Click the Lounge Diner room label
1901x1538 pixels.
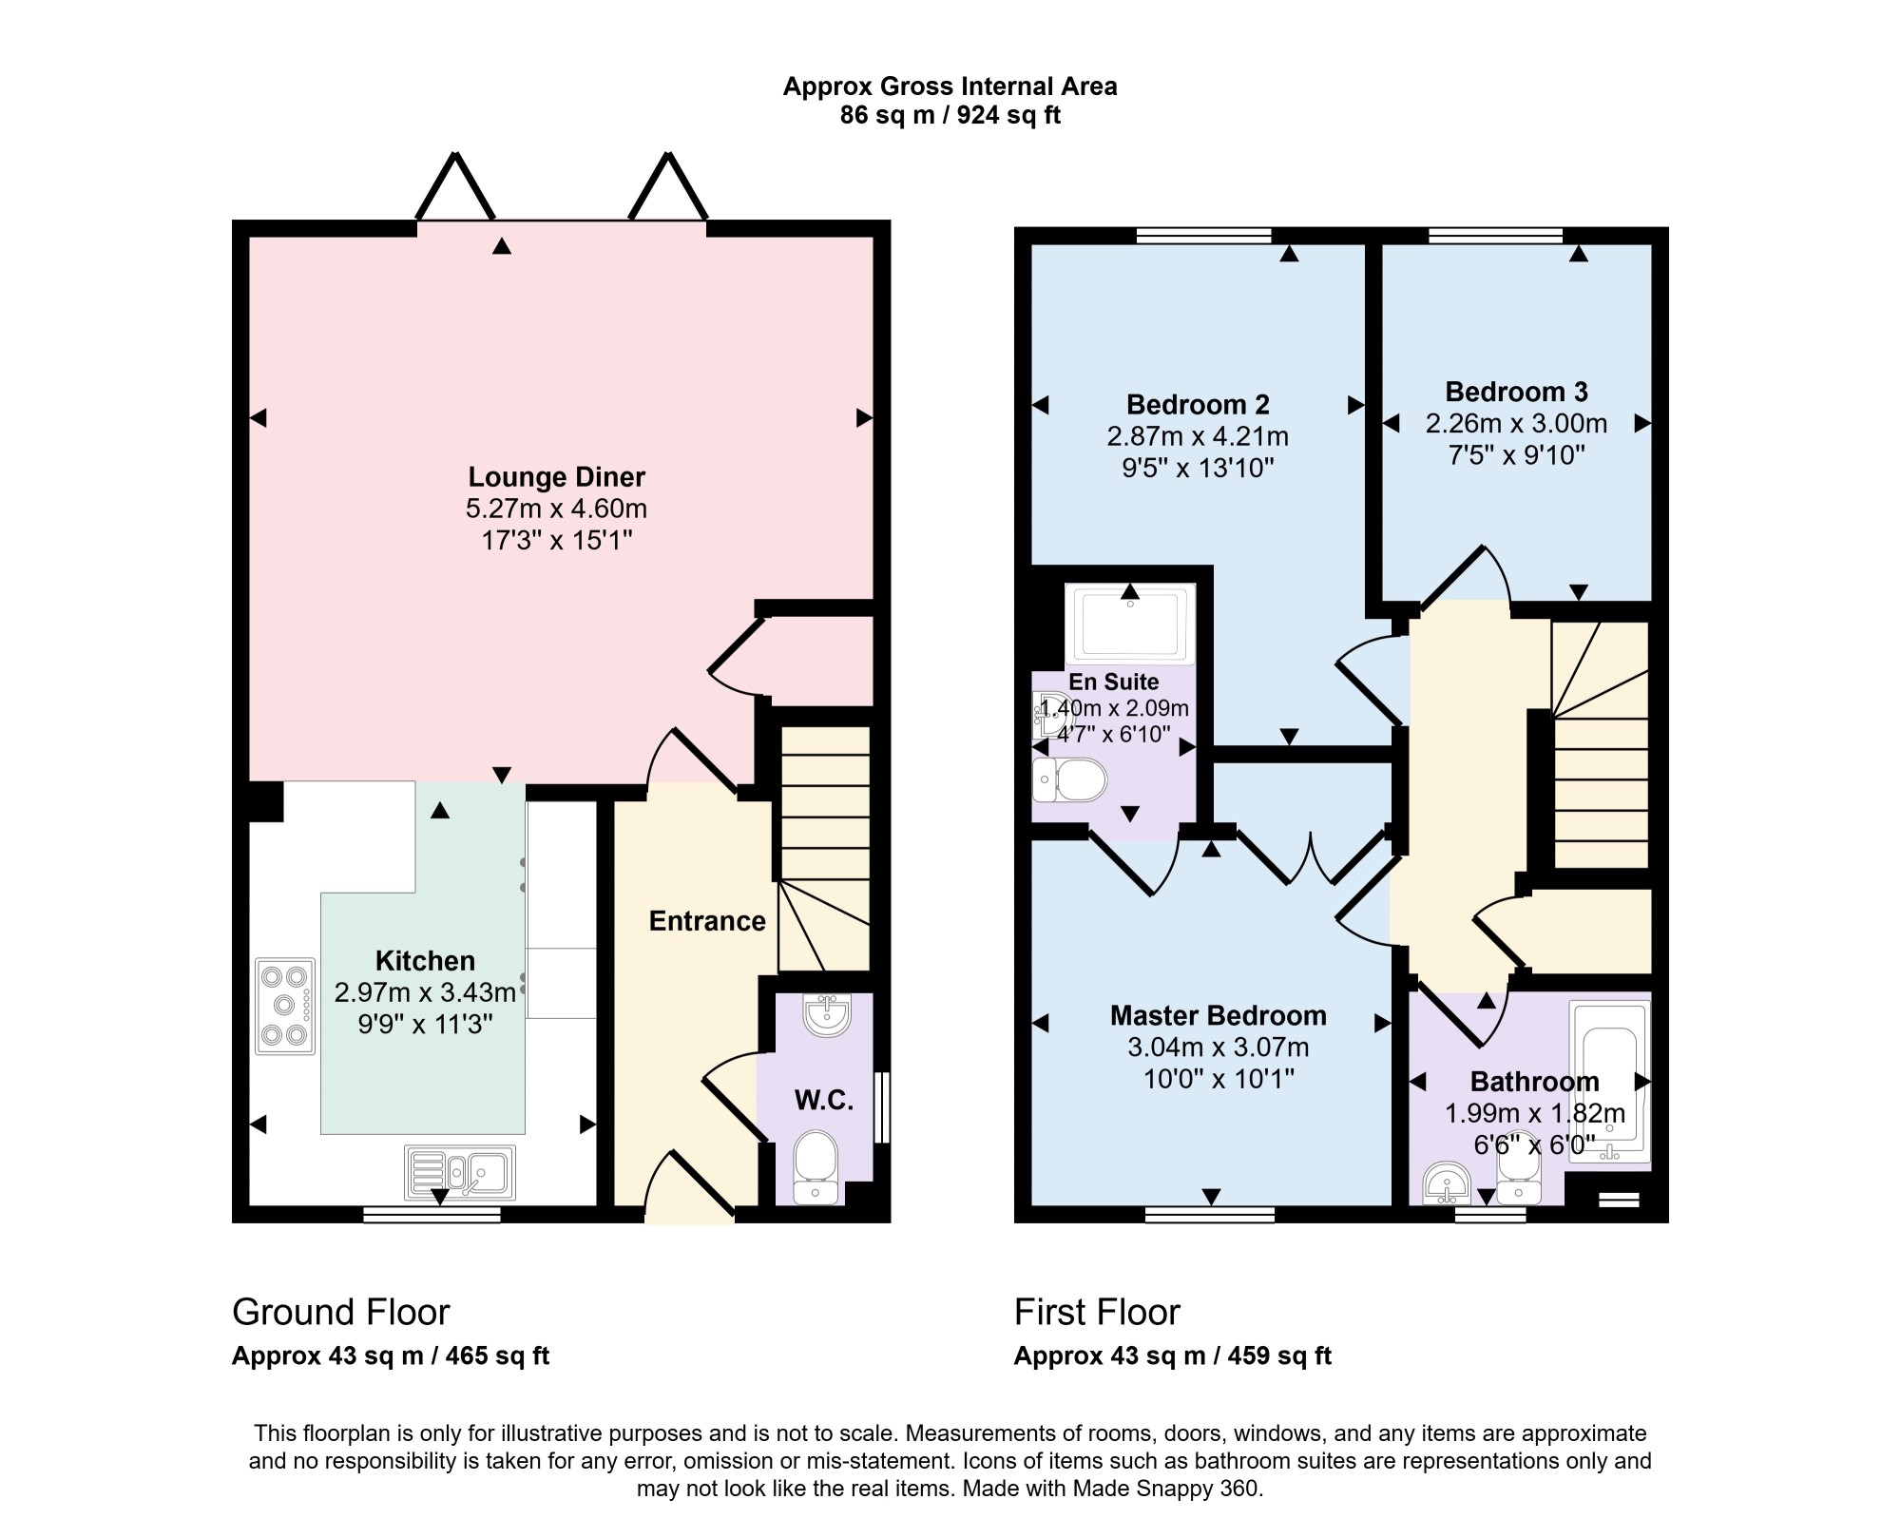(x=556, y=477)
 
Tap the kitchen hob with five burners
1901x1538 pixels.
(x=285, y=1006)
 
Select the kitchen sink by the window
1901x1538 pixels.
(x=460, y=1172)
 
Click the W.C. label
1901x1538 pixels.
(x=823, y=1100)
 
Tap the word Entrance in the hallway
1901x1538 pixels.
(x=707, y=920)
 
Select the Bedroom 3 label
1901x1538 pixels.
(x=1516, y=392)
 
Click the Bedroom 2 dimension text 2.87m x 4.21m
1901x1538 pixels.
(x=1198, y=436)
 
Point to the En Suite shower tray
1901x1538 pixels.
(x=1130, y=624)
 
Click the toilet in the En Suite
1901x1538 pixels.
(x=1070, y=780)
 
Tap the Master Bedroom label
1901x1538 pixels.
(x=1219, y=1015)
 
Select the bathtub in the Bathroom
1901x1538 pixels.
(x=1609, y=1082)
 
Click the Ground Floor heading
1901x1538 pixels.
(x=340, y=1312)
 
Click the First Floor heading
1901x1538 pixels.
(x=1097, y=1312)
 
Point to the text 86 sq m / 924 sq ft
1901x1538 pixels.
(x=950, y=115)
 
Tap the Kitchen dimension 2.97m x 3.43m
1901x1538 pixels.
(x=425, y=992)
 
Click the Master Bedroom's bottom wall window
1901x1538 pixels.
(x=1210, y=1214)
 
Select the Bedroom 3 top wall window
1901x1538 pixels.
(x=1496, y=235)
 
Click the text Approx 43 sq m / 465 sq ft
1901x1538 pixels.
(x=391, y=1355)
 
